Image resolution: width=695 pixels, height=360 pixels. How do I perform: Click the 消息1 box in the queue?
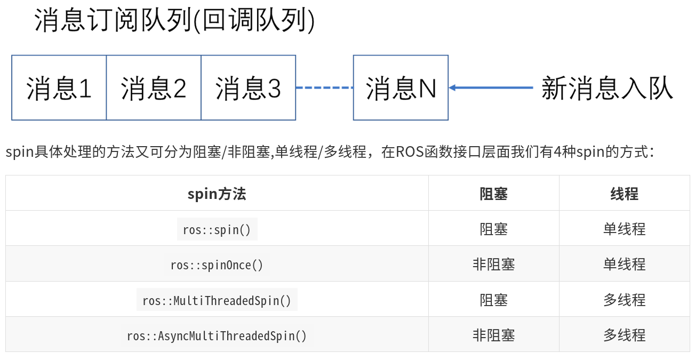[59, 88]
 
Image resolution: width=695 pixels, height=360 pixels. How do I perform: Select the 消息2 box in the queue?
[154, 88]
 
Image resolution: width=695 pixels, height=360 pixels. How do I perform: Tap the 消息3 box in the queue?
[248, 88]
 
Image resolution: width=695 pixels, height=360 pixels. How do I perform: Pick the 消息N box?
[401, 88]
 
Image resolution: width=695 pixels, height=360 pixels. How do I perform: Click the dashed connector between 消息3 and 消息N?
[324, 87]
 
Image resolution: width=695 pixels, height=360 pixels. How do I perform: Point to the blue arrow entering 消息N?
[491, 87]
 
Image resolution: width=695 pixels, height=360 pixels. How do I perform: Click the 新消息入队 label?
[606, 88]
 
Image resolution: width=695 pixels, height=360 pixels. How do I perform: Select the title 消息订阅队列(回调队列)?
[174, 21]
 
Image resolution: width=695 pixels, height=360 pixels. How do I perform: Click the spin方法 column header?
[217, 194]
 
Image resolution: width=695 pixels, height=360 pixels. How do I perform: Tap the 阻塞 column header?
[493, 194]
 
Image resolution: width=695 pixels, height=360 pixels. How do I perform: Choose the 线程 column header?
[624, 194]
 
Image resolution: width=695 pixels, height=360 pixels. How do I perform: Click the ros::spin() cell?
[217, 229]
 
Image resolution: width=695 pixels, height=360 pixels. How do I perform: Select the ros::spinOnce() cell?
[217, 265]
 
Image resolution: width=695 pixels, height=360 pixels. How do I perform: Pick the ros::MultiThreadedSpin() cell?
[217, 300]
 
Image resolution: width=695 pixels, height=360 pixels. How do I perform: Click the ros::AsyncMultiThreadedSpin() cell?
[217, 335]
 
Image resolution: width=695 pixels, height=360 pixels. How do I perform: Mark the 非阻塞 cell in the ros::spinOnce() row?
[493, 265]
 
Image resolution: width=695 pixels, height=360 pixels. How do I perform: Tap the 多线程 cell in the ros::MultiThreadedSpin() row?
[624, 300]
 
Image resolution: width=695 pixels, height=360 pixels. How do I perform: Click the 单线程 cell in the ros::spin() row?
[624, 229]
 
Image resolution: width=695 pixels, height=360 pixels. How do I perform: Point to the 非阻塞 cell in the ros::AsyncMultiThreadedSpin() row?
[493, 335]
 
